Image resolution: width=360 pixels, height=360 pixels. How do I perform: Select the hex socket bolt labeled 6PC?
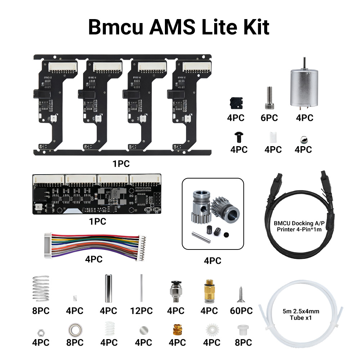click(269, 98)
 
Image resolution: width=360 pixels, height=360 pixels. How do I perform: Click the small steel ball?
click(303, 138)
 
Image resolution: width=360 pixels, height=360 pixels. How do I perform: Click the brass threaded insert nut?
click(177, 329)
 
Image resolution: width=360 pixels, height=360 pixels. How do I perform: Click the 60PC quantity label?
click(241, 311)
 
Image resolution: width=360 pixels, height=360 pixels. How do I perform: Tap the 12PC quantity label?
click(141, 311)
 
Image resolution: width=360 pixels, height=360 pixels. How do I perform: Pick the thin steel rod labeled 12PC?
click(141, 288)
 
